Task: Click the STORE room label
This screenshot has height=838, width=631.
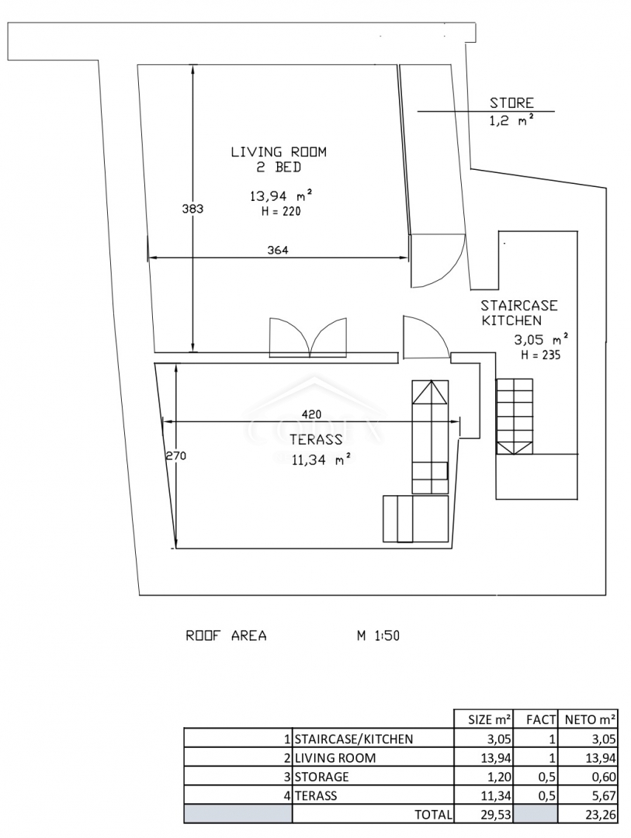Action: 511,102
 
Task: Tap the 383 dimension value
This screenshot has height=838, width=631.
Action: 192,209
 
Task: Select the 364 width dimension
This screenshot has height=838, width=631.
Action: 278,250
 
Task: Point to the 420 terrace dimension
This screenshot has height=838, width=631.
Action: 312,414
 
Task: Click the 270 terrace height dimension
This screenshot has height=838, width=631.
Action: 175,456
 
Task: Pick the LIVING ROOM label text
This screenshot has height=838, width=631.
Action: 279,152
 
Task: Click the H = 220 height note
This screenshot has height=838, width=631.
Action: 281,211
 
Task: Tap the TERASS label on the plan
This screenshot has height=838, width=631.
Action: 316,439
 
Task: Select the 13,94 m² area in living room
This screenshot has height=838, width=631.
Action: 281,196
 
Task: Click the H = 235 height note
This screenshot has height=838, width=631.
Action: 541,355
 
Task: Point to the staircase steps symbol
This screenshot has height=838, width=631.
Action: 515,417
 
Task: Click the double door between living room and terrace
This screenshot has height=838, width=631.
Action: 308,338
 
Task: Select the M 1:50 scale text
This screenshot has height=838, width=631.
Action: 378,635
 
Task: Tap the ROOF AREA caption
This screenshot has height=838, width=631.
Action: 226,635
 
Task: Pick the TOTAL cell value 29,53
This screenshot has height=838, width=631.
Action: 496,815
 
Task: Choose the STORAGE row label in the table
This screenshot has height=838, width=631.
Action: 321,777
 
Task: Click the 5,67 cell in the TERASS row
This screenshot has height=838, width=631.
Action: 604,796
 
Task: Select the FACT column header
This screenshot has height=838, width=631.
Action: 541,719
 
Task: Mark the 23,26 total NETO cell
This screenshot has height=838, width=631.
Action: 601,815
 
